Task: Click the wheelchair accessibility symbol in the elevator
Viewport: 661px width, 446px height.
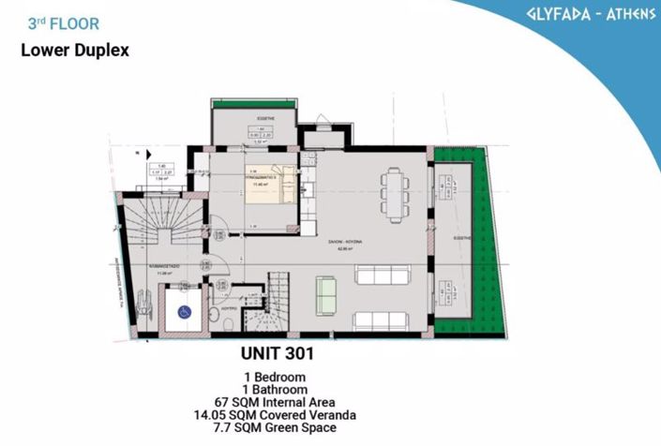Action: point(185,312)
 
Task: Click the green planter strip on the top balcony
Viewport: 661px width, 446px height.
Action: point(253,109)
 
